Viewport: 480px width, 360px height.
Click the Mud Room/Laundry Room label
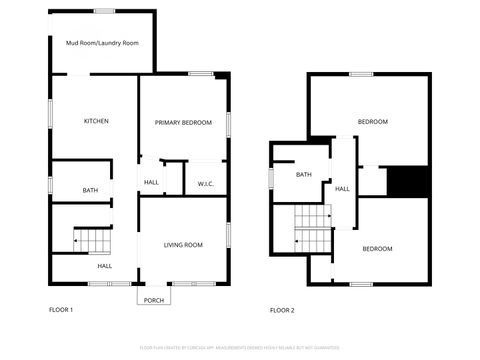(x=102, y=44)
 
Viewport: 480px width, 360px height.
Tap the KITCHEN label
(x=96, y=122)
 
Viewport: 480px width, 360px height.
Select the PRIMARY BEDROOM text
(x=183, y=122)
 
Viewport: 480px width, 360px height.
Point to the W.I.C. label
(x=205, y=183)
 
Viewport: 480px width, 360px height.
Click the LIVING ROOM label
(x=183, y=245)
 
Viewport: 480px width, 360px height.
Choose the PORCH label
(x=154, y=300)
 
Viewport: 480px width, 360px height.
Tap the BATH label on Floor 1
(x=90, y=190)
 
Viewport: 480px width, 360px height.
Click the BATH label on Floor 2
(x=304, y=175)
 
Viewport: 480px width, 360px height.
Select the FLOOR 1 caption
(x=61, y=310)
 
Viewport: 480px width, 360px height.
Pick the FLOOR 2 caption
(x=283, y=310)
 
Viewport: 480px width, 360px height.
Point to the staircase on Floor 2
(x=312, y=225)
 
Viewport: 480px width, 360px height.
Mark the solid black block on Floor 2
(x=407, y=181)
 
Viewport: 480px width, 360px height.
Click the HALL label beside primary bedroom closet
(x=152, y=183)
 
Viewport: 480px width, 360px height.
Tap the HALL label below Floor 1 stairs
(x=104, y=266)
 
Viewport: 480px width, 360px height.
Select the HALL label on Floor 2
(x=342, y=188)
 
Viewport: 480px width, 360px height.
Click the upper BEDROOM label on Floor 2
(x=372, y=122)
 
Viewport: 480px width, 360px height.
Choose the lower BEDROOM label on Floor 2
(x=377, y=248)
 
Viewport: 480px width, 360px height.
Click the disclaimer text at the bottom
(x=240, y=348)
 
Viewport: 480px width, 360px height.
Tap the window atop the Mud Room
(x=104, y=11)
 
